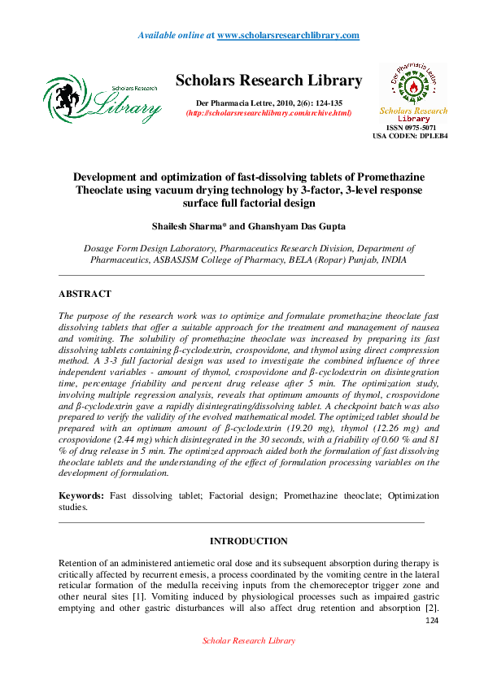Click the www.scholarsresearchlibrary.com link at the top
click(x=288, y=35)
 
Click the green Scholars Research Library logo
click(x=102, y=100)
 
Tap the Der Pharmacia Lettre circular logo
click(x=413, y=85)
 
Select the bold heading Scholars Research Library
click(x=269, y=81)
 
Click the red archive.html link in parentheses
click(x=269, y=112)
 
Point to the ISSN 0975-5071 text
click(x=411, y=129)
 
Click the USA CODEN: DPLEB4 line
click(x=410, y=136)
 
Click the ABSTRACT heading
click(x=85, y=294)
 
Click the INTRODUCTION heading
click(x=248, y=541)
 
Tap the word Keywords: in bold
click(x=81, y=495)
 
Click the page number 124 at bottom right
click(x=433, y=622)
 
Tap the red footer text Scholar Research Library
click(x=248, y=641)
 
